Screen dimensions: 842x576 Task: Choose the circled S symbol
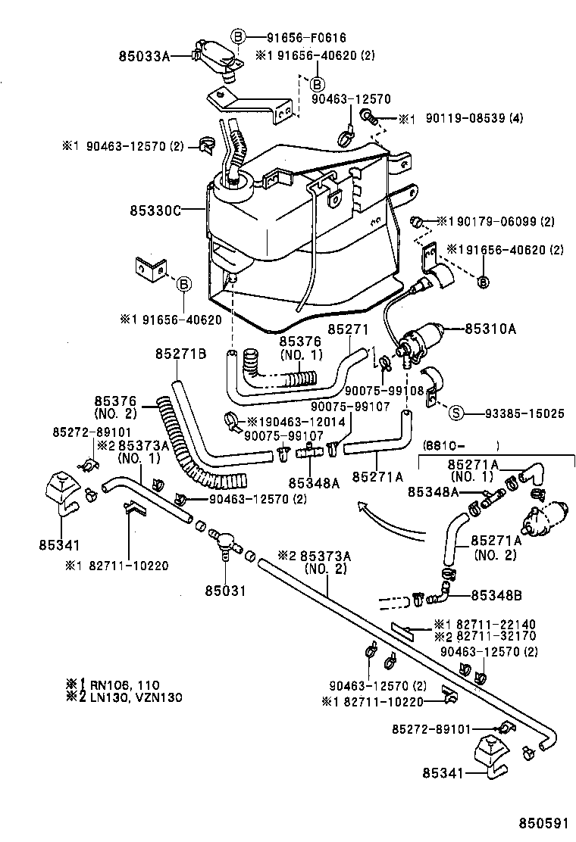pyautogui.click(x=456, y=413)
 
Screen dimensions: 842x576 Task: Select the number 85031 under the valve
pyautogui.click(x=225, y=591)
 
